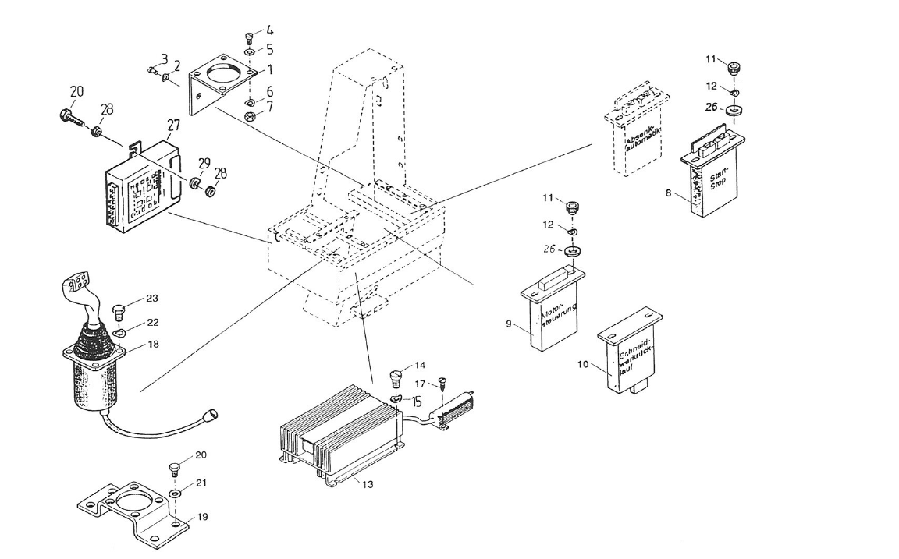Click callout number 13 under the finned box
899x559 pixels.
point(368,484)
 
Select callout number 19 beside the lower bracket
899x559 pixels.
point(201,515)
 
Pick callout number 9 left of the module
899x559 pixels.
point(509,323)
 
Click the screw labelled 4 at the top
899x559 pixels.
point(248,37)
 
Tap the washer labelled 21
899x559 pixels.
point(174,494)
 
